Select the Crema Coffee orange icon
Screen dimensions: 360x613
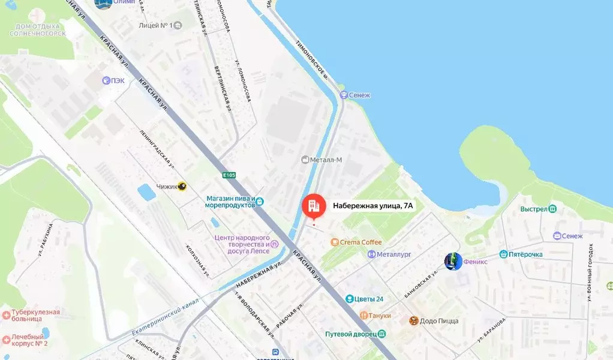coord(334,242)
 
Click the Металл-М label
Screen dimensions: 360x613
coord(326,160)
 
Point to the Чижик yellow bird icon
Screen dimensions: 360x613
coord(182,186)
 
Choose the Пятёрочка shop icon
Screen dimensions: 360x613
coord(503,254)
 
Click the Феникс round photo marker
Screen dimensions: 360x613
coord(453,261)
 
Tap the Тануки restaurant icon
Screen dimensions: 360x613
coord(363,316)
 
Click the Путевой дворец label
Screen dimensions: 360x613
coord(350,334)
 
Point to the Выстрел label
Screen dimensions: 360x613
coord(533,209)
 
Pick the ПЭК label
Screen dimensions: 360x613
coord(118,80)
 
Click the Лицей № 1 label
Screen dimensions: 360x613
coord(155,26)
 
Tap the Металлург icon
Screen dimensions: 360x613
coord(371,254)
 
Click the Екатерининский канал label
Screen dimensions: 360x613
coord(165,321)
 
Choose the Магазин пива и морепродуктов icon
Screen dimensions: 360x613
coord(259,201)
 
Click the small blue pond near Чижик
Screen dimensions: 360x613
coord(146,192)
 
